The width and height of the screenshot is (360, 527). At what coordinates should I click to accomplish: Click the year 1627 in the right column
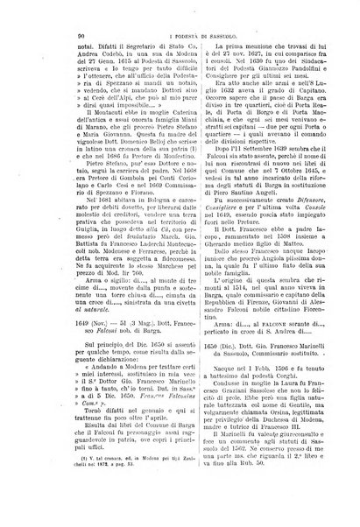tap(237, 53)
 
